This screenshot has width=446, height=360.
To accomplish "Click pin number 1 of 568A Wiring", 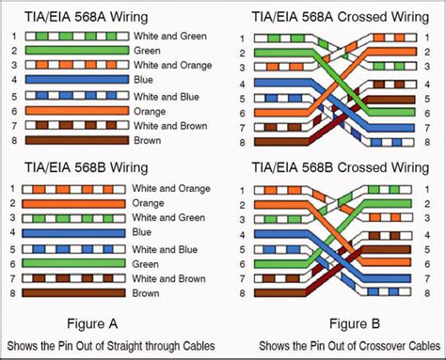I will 13,36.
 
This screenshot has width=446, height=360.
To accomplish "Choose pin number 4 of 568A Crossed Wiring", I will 243,85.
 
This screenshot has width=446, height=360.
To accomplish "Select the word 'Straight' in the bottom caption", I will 134,342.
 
